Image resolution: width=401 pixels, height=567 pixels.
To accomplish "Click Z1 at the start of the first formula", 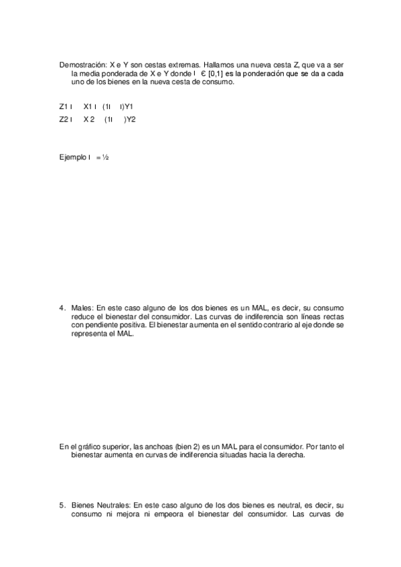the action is click(64, 106).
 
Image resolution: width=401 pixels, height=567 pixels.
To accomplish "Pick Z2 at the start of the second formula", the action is click(64, 120).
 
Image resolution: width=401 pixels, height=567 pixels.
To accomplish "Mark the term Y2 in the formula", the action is click(131, 120).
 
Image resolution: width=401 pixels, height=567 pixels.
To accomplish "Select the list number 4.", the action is click(62, 308).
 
